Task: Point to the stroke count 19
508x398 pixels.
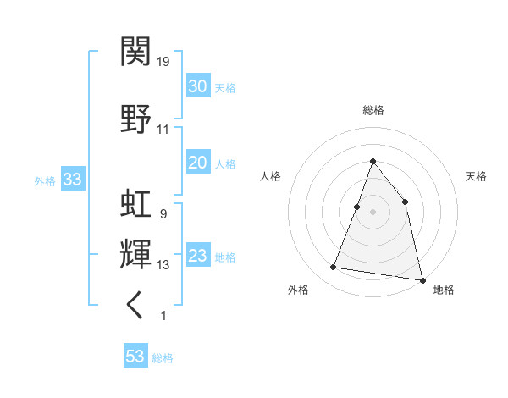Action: (163, 62)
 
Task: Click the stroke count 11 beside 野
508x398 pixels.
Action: (163, 130)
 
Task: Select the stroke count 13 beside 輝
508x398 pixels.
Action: (163, 265)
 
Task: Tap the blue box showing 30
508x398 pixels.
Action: (197, 86)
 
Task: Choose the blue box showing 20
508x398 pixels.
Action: (197, 163)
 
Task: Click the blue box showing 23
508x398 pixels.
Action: (197, 256)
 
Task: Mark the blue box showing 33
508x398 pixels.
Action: (72, 180)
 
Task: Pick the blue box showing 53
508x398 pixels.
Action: (135, 357)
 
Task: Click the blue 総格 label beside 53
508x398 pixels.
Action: (163, 358)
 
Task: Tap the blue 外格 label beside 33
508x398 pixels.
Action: (45, 180)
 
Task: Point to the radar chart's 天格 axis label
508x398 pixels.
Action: (476, 176)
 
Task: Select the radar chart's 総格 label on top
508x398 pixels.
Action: (373, 110)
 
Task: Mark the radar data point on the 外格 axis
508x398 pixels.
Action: (334, 268)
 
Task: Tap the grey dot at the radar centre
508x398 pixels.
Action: (373, 211)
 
